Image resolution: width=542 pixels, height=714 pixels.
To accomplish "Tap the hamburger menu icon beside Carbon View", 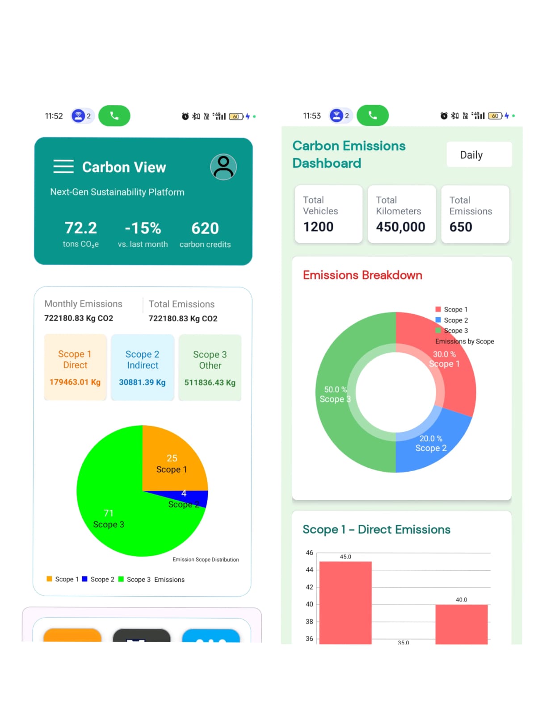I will tap(63, 166).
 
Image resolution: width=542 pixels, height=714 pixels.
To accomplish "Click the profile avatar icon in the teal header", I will tap(223, 167).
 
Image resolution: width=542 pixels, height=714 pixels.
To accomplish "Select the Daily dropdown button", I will tap(479, 155).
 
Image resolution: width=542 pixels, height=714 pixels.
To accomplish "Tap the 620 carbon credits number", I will tap(205, 228).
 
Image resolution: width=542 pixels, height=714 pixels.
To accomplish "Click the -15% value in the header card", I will tap(143, 228).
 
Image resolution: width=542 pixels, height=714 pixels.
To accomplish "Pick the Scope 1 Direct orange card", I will tap(75, 367).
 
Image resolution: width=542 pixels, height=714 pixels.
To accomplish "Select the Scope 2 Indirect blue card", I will tap(143, 367).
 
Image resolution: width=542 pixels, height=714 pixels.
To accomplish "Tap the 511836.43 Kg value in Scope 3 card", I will tap(210, 382).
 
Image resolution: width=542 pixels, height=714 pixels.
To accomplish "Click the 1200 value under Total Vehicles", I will tap(318, 227).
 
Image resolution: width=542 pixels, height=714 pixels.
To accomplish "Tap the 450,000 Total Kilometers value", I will tap(400, 227).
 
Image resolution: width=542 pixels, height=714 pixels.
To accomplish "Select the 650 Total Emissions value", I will tap(461, 227).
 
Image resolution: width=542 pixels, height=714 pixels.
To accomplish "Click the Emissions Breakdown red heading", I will tap(362, 275).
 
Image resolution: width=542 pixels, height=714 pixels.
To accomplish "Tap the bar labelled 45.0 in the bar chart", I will tap(345, 602).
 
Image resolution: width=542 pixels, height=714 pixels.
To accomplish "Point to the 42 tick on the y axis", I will tap(309, 587).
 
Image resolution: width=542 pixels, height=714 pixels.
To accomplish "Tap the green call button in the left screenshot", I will tap(114, 116).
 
